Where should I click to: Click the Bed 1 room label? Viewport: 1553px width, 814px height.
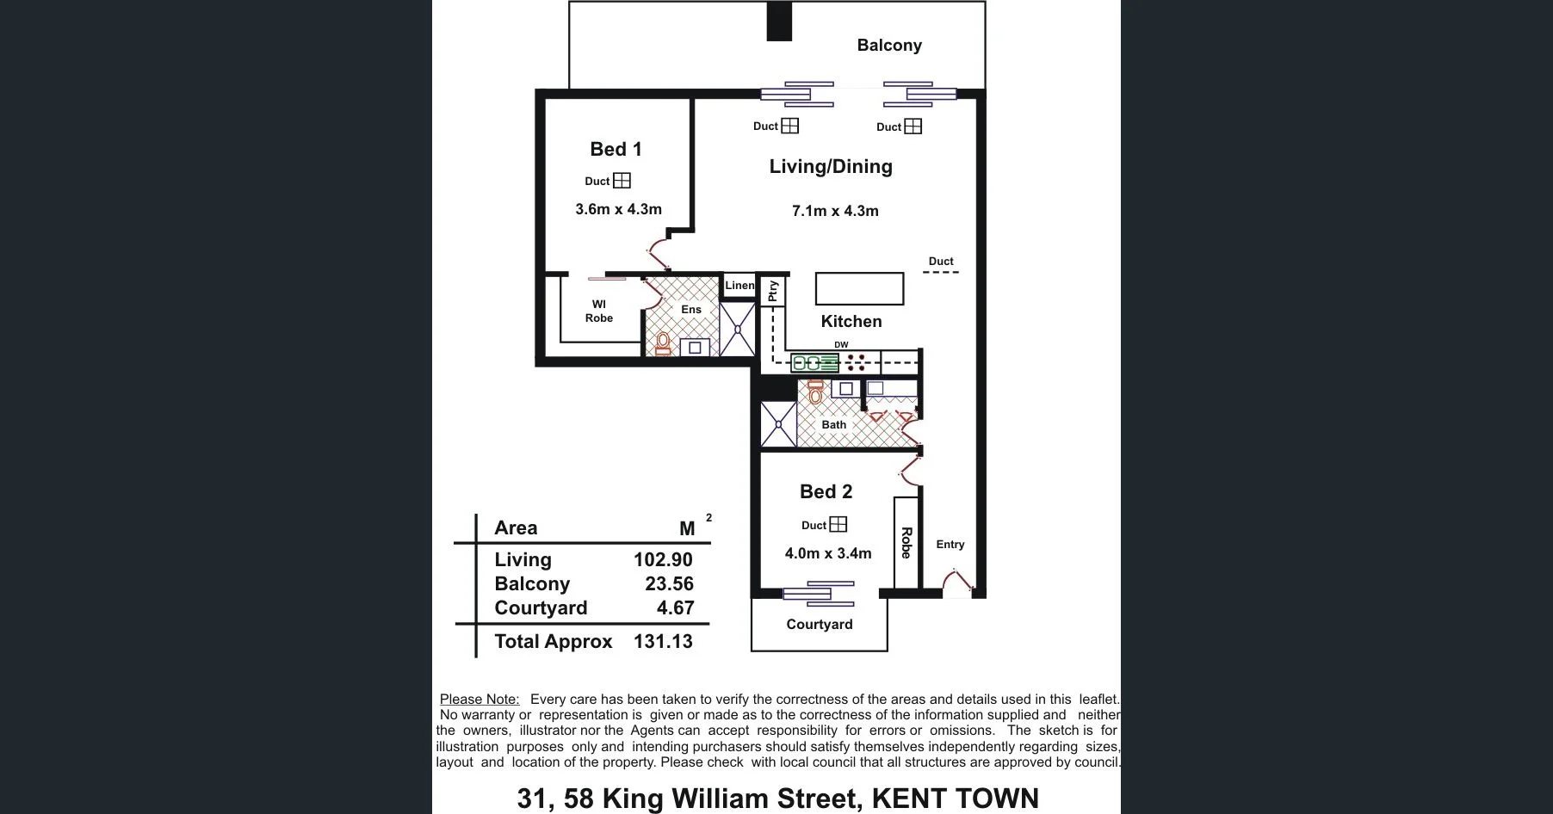click(x=616, y=149)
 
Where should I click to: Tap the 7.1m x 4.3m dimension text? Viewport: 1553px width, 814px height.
click(x=835, y=211)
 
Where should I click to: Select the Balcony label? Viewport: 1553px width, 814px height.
click(x=889, y=46)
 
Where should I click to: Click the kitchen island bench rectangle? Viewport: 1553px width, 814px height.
click(x=859, y=289)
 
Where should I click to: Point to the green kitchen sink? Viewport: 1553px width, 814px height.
click(x=808, y=363)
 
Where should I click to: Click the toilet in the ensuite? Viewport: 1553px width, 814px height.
click(x=663, y=343)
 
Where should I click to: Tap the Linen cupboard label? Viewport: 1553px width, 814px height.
click(x=739, y=286)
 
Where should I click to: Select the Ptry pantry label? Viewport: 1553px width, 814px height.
click(x=773, y=291)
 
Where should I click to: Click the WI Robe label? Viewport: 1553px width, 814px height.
click(x=599, y=311)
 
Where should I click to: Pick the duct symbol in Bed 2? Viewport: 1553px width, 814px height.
click(x=838, y=524)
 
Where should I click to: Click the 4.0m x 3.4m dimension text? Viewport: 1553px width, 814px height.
click(x=828, y=553)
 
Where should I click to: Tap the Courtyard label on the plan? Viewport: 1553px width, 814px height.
click(x=820, y=625)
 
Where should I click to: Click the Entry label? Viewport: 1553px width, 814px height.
click(x=950, y=545)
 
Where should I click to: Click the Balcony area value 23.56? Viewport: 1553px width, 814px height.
click(x=669, y=583)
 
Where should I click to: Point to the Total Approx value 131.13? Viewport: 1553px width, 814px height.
click(x=663, y=641)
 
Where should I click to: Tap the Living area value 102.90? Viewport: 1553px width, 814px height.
click(x=663, y=559)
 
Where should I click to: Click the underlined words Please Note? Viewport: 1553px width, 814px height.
click(x=480, y=700)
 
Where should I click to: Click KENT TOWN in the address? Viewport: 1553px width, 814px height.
click(x=955, y=799)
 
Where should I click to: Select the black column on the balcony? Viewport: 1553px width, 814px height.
click(x=779, y=22)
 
